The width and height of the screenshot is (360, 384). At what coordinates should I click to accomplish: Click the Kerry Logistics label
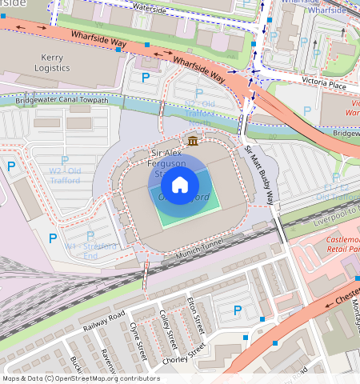tap(51, 63)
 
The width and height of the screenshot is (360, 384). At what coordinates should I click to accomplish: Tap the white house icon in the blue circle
tap(180, 185)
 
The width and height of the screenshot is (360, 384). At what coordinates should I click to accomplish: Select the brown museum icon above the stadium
tap(192, 141)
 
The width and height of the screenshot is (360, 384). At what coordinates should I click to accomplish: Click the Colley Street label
tap(166, 329)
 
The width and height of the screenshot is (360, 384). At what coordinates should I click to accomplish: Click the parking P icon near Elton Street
tap(237, 310)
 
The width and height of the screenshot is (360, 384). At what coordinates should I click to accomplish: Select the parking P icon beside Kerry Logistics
tap(146, 78)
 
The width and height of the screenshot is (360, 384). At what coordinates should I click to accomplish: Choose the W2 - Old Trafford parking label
tap(66, 175)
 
